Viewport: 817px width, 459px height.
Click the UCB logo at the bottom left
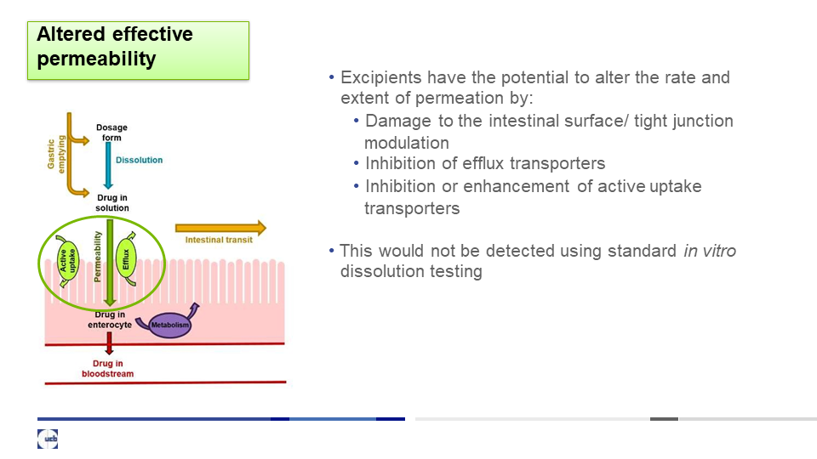[48, 439]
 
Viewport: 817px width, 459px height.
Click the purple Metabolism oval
[170, 326]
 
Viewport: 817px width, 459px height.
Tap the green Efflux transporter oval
[126, 259]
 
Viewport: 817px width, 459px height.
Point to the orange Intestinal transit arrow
[220, 228]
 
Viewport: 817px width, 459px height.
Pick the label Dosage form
[111, 133]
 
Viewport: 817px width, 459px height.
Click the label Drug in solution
[112, 202]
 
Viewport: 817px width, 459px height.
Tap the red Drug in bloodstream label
[107, 368]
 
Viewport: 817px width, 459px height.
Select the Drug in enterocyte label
[110, 320]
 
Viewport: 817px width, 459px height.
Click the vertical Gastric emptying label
[56, 154]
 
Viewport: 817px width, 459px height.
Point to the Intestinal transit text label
[219, 240]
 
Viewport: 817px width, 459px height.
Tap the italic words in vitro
[710, 251]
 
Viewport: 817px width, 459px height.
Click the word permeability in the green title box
[96, 59]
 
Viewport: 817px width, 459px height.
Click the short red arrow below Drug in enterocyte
[109, 343]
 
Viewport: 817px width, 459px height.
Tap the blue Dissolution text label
[139, 161]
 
